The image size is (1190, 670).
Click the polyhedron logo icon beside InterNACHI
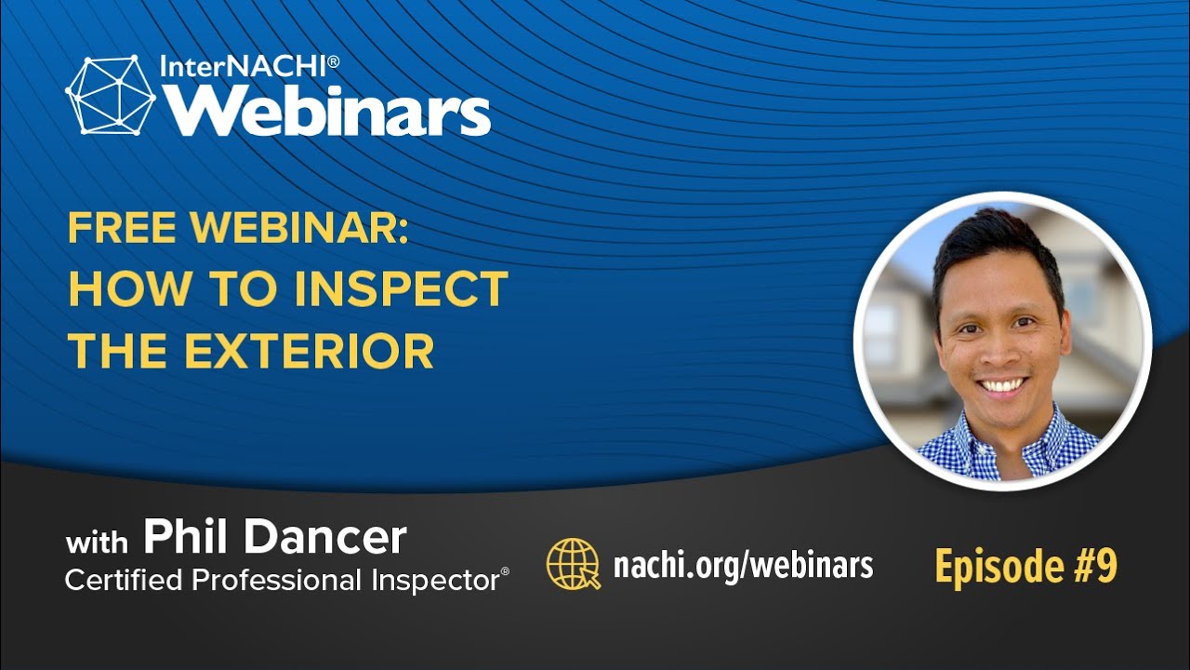point(111,95)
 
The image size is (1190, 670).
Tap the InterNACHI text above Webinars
point(249,66)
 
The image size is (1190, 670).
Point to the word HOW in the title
point(129,288)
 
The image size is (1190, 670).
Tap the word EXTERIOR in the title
point(309,351)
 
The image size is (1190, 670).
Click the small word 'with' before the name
point(98,543)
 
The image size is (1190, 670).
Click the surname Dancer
point(325,537)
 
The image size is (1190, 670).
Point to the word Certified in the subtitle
point(124,580)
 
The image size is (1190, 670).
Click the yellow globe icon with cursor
point(574,564)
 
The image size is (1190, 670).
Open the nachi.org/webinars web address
point(743,565)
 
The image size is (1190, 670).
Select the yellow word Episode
point(999,568)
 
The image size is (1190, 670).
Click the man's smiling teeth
point(1002,384)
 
